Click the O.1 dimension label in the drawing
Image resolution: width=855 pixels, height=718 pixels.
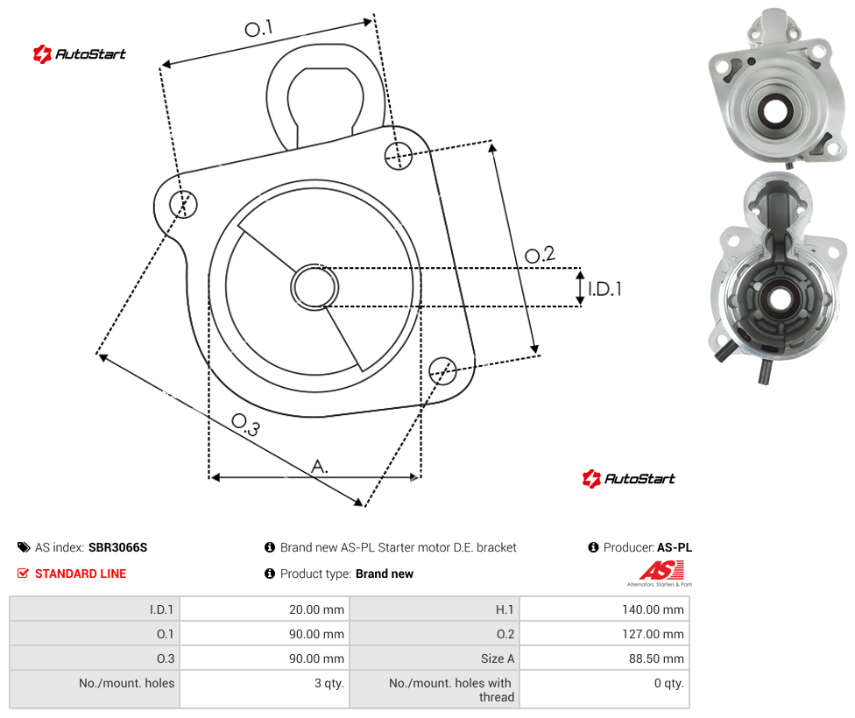(x=258, y=28)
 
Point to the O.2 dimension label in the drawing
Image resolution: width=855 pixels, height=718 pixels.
(x=540, y=255)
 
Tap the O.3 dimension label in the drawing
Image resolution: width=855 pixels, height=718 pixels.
(x=246, y=425)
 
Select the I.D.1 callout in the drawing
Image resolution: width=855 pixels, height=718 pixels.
(x=604, y=289)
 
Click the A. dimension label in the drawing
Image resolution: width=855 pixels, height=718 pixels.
(x=320, y=467)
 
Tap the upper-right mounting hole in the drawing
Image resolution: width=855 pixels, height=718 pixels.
(x=399, y=155)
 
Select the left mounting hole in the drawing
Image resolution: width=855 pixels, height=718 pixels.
(x=183, y=204)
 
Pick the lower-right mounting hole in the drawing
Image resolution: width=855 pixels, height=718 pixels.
(x=442, y=370)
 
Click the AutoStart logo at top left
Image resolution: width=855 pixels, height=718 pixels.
(x=79, y=54)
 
